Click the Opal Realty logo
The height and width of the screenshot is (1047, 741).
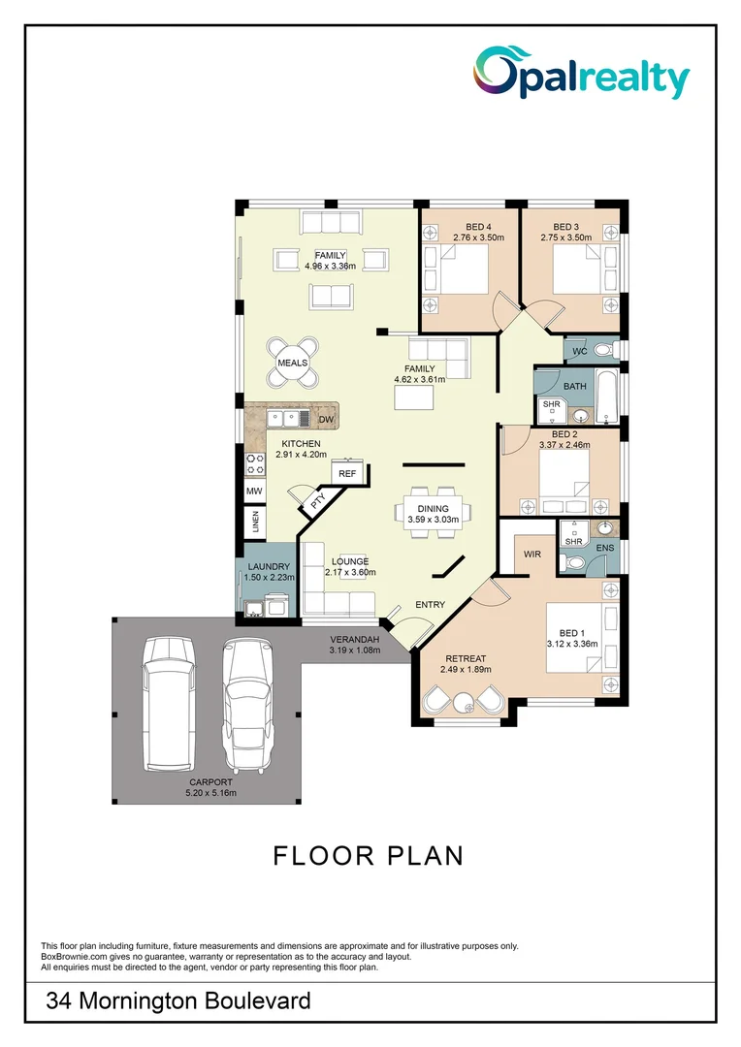(x=581, y=75)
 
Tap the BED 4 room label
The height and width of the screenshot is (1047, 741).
(x=466, y=228)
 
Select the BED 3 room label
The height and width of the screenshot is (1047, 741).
(x=565, y=228)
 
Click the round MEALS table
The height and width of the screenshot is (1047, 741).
(x=293, y=363)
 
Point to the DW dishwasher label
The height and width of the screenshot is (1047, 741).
(x=327, y=420)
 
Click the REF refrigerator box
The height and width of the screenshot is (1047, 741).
(x=347, y=473)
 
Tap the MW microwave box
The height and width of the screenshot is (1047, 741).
(x=254, y=492)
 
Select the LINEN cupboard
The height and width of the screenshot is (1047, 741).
(x=255, y=523)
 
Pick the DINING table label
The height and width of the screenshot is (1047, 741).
(x=433, y=509)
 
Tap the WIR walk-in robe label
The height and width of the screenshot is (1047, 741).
(x=532, y=555)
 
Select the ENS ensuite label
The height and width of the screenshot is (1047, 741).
(x=604, y=549)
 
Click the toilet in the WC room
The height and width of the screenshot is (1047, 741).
(x=601, y=350)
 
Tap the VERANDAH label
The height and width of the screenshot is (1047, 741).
(x=355, y=639)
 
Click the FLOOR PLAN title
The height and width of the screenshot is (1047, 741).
(x=369, y=856)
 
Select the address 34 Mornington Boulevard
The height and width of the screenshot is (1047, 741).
(x=178, y=1000)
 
